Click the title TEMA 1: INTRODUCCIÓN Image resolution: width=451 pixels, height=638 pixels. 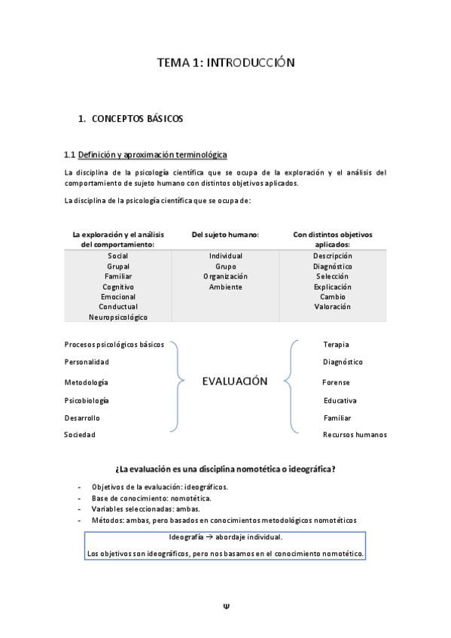pos(225,62)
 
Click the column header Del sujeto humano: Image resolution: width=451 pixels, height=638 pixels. pos(225,235)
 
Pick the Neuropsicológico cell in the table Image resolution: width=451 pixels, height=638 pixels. pos(118,317)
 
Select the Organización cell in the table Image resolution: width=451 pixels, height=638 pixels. pos(225,277)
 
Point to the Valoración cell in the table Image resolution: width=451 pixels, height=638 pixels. pos(332,307)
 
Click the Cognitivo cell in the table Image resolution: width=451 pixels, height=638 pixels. pos(118,287)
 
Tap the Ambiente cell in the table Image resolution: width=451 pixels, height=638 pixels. pos(225,287)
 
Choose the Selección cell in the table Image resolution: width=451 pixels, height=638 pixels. pos(332,277)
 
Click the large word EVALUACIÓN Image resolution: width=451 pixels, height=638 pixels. pos(234,381)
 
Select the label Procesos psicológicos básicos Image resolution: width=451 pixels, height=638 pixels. pos(114,344)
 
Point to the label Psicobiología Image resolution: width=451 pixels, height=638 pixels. pos(87,400)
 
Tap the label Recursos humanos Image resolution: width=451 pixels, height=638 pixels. pos(355,435)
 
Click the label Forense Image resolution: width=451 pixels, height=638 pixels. pos(336,382)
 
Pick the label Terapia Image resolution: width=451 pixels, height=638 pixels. pos(336,345)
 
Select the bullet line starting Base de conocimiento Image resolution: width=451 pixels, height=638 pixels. pos(151,498)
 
